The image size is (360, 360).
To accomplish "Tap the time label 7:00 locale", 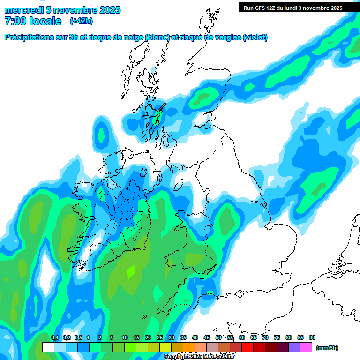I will coord(33,21).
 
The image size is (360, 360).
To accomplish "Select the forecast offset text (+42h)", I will coord(81,21).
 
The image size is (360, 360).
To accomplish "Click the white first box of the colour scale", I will coord(48,347).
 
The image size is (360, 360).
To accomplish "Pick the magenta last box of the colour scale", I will coord(306,347).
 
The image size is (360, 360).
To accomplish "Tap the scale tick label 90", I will coord(312,337).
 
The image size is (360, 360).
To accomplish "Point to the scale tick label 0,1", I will coord(54,337).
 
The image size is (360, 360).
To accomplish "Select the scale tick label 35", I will coord(183,337).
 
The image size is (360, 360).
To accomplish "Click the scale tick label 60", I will coord(242,337).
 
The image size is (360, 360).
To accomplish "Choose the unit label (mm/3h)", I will coord(327,348).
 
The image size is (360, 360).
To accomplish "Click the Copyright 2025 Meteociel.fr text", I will coord(199,357).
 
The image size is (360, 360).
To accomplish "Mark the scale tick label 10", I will coord(125,337).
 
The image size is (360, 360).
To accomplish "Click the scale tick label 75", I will coord(277,337).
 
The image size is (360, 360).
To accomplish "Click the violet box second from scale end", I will coord(294,347).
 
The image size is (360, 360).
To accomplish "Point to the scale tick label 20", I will coord(148,337).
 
